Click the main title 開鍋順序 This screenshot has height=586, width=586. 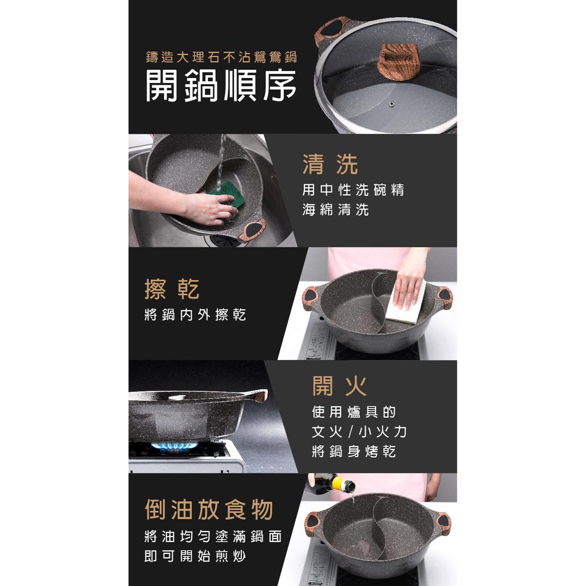click(x=220, y=85)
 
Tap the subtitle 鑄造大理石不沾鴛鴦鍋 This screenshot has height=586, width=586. click(x=221, y=57)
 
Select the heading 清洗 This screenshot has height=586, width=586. click(x=330, y=164)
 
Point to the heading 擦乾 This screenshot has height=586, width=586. click(x=172, y=289)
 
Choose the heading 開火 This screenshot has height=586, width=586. click(x=339, y=386)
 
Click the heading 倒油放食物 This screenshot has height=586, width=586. click(x=209, y=509)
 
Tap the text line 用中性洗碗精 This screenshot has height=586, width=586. click(x=353, y=190)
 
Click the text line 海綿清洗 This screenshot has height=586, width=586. click(x=335, y=209)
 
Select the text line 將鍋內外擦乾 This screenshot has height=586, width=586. click(x=195, y=315)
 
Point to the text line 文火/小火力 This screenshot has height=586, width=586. click(x=359, y=431)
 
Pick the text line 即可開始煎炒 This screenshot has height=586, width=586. click(x=195, y=556)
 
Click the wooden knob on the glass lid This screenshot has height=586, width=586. click(x=397, y=61)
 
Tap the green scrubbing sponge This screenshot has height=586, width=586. click(x=227, y=193)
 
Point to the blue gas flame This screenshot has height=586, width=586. click(x=174, y=446)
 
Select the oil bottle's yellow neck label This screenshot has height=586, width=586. click(x=339, y=484)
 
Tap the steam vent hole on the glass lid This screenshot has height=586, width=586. click(x=391, y=104)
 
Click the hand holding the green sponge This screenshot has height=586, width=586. click(x=210, y=208)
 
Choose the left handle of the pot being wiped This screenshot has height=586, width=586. click(x=310, y=298)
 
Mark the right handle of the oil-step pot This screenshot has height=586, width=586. click(x=444, y=522)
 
